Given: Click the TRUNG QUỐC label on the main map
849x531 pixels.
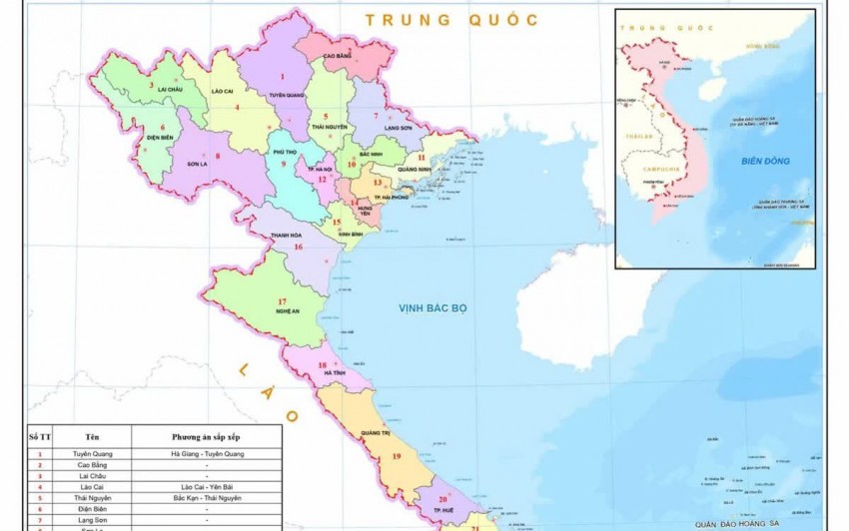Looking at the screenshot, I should pos(451,19).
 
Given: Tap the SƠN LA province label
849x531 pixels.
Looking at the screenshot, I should pos(201,164).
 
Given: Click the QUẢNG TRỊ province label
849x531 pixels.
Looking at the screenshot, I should pos(376,432).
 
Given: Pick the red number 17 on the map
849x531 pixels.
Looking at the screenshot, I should pos(283,300).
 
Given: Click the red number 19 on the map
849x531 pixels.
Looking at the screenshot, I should pos(397,456).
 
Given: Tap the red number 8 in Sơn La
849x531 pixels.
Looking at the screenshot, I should pos(218,155).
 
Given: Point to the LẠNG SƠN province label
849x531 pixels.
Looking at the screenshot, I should pos(399,128).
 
